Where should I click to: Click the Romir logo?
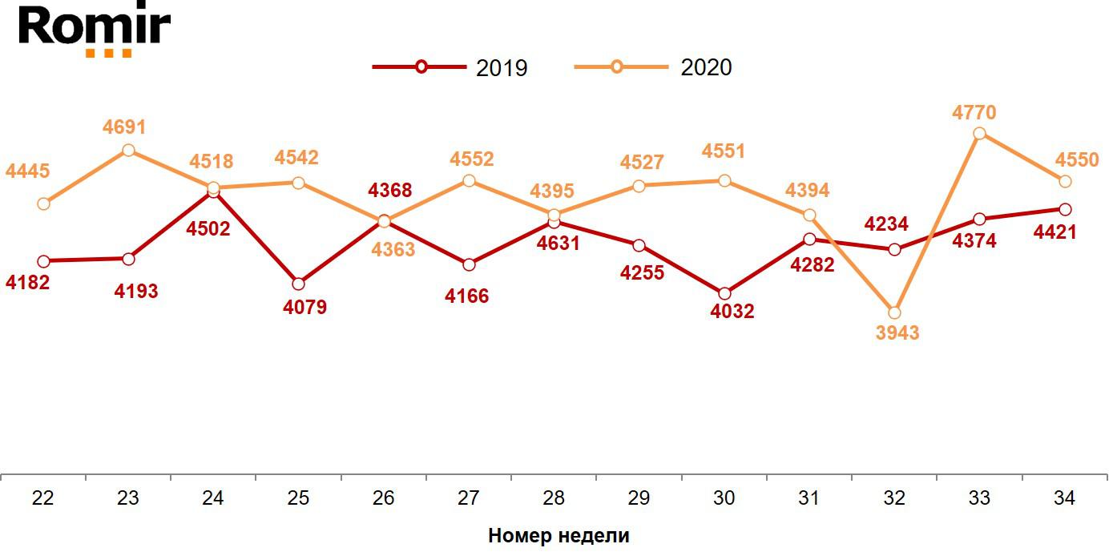coord(95,30)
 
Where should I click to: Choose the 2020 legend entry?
coord(654,67)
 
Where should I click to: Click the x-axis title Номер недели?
coord(558,536)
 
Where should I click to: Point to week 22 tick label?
coord(43,498)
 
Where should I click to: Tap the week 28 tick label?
coord(554,498)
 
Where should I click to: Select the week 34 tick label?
coord(1064,498)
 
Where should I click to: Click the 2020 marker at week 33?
coord(979,134)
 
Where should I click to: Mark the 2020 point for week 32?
coord(894,312)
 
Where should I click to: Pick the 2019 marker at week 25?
coord(298,284)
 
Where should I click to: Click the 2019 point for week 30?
coord(724,294)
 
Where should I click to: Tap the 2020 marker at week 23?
coord(128,151)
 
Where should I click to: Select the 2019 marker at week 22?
coord(43,261)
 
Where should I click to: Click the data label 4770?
coord(974,112)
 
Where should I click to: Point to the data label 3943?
coord(897,333)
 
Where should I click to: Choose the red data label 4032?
coord(732,312)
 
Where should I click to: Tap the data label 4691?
coord(124,127)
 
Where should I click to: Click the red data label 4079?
coord(305,307)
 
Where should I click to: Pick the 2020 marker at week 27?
coord(469,181)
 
